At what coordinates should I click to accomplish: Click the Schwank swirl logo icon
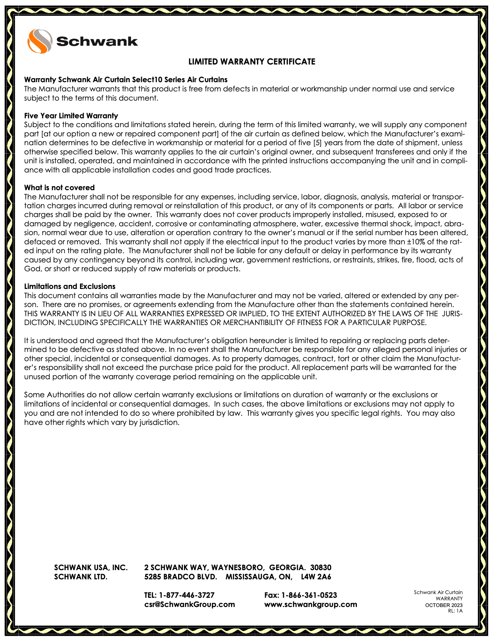(39, 41)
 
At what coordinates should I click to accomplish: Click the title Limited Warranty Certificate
(252, 62)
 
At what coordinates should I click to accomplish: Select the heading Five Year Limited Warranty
(71, 116)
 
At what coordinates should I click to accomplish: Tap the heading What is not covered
(59, 188)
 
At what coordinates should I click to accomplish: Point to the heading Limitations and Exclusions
(70, 286)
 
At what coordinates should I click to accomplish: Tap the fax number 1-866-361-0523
(309, 595)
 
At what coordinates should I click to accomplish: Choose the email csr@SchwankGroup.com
(189, 604)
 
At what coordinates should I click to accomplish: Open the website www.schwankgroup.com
(310, 604)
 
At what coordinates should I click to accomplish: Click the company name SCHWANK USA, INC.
(91, 568)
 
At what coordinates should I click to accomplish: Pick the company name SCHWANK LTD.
(81, 577)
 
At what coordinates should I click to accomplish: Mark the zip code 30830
(321, 568)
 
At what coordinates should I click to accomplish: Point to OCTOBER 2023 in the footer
(444, 605)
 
